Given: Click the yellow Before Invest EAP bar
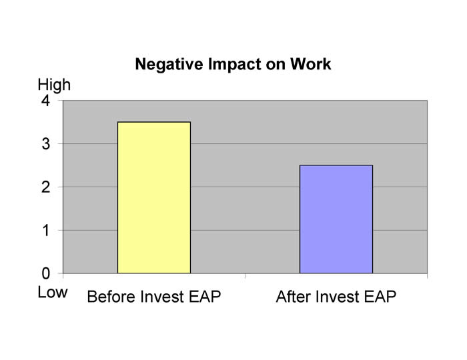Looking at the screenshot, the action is point(154,197).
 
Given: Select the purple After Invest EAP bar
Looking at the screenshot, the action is point(336,219).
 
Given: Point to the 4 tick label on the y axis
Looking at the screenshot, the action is point(45,101).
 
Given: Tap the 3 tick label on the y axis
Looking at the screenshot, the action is point(45,144).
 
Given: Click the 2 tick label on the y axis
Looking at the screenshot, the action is point(45,187).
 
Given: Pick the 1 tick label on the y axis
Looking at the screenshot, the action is point(45,230).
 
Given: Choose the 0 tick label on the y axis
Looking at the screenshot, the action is point(45,273).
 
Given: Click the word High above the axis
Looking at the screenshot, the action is point(54,85).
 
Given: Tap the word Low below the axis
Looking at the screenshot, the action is point(53,292).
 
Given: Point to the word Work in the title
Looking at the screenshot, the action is point(311,64).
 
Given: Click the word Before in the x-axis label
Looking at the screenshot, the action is point(110,297).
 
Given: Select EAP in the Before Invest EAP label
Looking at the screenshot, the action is point(205,297).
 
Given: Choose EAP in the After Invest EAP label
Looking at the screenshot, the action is point(380,297).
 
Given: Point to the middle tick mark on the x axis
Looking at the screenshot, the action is point(245,276).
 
